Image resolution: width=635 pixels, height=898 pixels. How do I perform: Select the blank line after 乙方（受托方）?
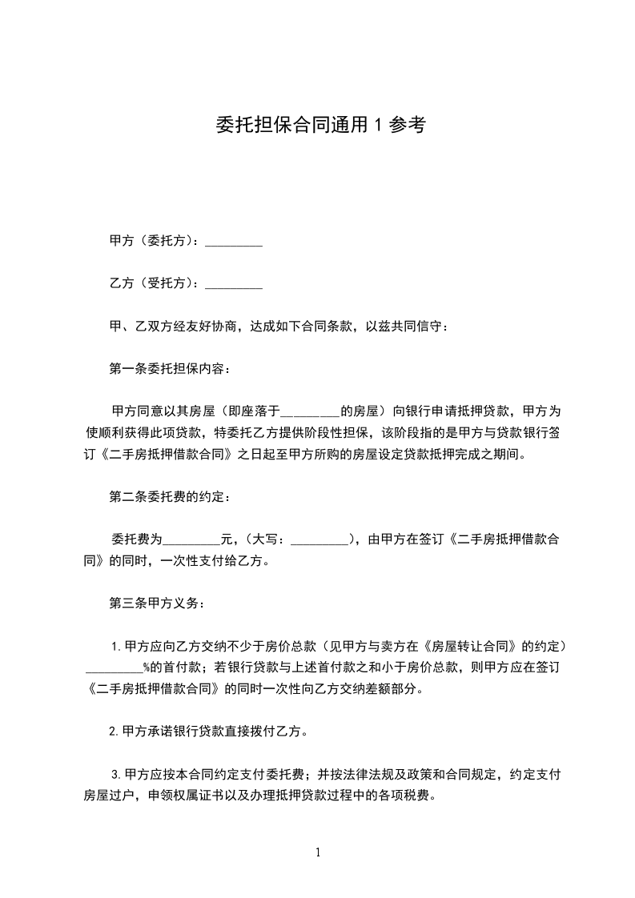pos(234,284)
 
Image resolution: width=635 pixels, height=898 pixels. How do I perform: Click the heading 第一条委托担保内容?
pos(168,369)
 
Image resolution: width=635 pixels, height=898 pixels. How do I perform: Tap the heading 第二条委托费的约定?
pos(168,497)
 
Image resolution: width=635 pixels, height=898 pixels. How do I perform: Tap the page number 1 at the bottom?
pos(318,853)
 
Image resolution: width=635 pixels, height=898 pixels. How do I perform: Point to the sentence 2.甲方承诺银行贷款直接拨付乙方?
pos(207,731)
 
